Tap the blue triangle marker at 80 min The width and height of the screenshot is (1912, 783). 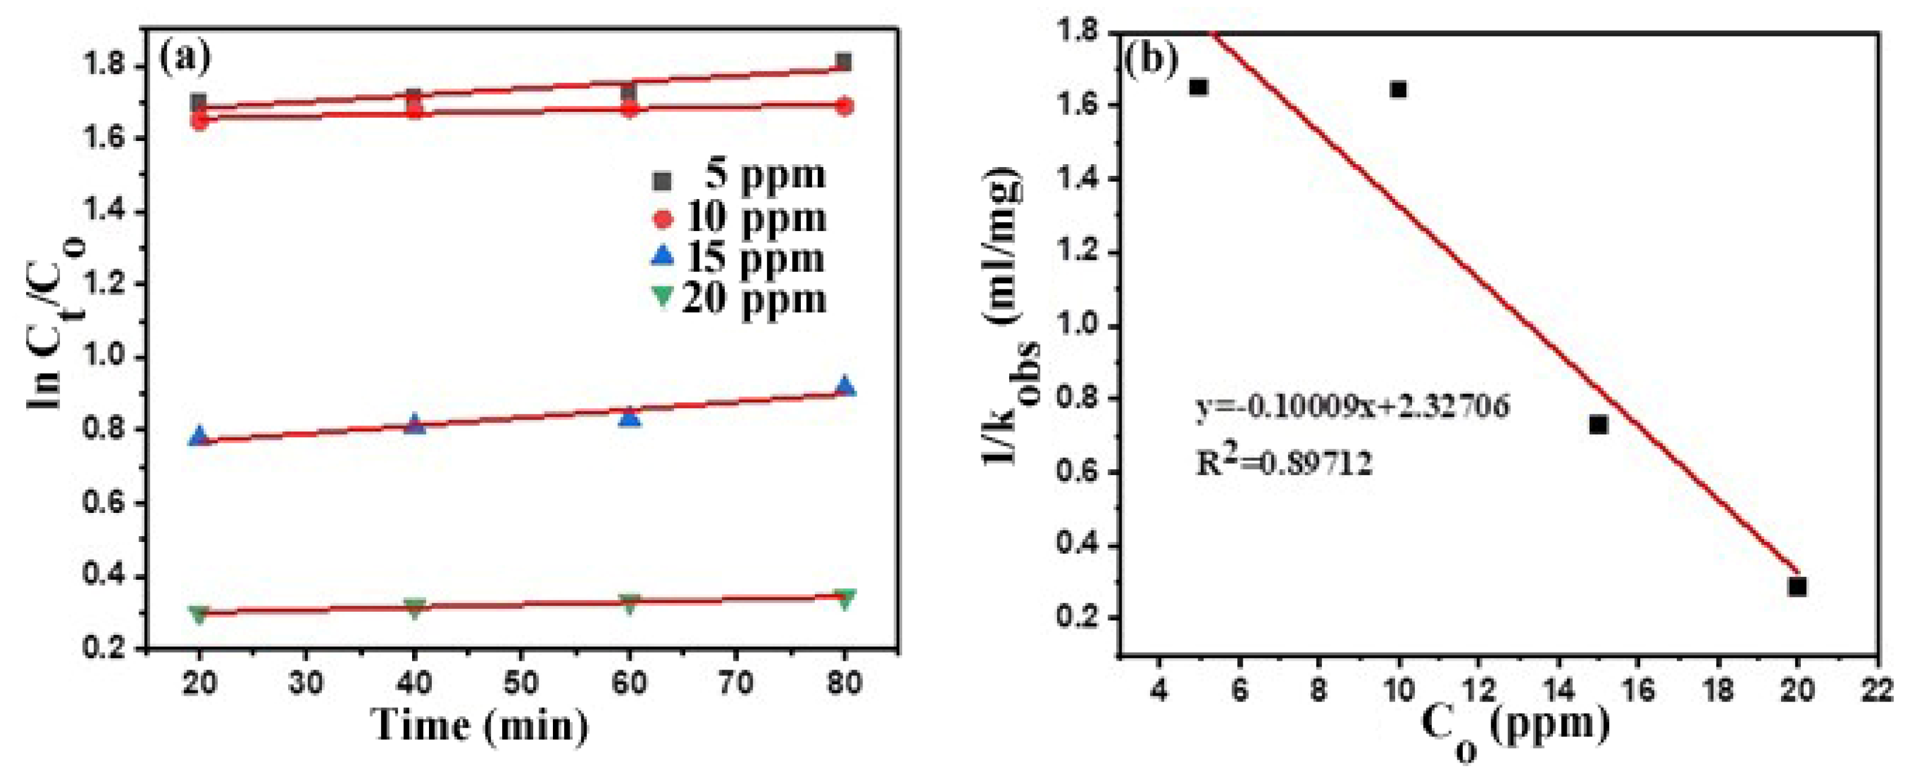pyautogui.click(x=845, y=386)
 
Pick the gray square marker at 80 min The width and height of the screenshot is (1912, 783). pyautogui.click(x=843, y=62)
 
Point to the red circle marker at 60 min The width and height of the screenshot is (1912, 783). pyautogui.click(x=629, y=108)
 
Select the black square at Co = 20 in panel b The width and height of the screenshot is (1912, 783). pyautogui.click(x=1797, y=587)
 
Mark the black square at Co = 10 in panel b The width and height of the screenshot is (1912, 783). pyautogui.click(x=1399, y=90)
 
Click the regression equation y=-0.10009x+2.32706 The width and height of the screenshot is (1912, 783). pyautogui.click(x=1352, y=408)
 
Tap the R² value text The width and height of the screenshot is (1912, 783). pyautogui.click(x=1284, y=463)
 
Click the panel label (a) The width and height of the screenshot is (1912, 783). pyautogui.click(x=186, y=58)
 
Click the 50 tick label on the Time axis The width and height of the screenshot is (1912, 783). pyautogui.click(x=520, y=682)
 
